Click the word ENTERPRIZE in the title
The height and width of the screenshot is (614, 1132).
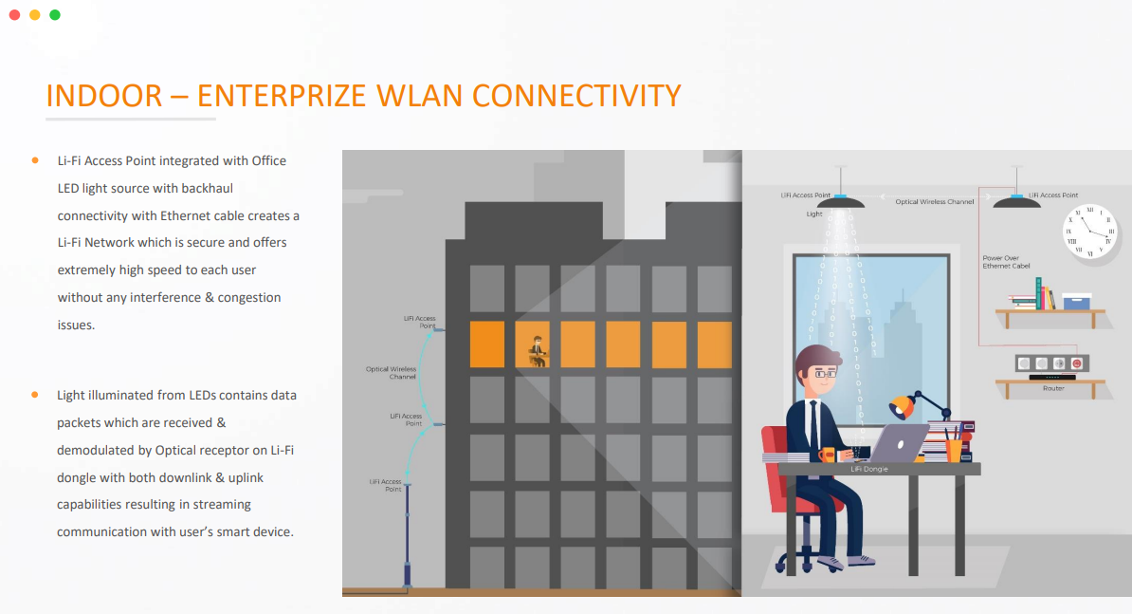(282, 96)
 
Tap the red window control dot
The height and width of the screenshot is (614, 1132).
(14, 15)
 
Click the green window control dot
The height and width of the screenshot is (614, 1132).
(55, 15)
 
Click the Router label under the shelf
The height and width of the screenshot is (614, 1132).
(1053, 388)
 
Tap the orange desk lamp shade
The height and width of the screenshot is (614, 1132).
(901, 408)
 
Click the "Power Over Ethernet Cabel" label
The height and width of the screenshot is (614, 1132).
(1006, 262)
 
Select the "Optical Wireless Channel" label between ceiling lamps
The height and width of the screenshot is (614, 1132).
(934, 202)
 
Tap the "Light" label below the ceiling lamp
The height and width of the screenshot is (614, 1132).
(814, 214)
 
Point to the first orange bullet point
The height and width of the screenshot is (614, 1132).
(35, 160)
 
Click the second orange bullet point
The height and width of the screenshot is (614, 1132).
(35, 394)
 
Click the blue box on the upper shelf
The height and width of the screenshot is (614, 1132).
(1076, 302)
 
